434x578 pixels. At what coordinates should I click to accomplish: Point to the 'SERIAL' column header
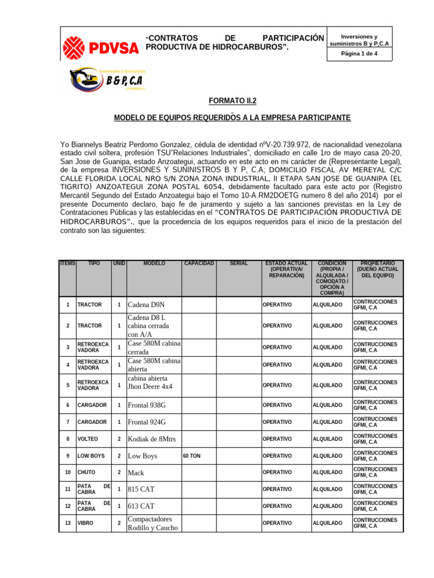(x=239, y=264)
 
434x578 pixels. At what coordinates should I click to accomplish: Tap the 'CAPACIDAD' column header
(x=198, y=264)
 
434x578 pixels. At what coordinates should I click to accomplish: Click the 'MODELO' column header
(x=154, y=264)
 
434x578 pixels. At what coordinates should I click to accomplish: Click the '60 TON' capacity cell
(x=192, y=456)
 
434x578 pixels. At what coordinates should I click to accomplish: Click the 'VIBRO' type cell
(x=85, y=523)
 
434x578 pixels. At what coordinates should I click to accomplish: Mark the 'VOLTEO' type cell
(x=88, y=439)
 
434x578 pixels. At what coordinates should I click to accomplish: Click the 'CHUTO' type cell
(x=86, y=472)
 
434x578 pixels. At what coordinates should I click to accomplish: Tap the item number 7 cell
(x=67, y=422)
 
